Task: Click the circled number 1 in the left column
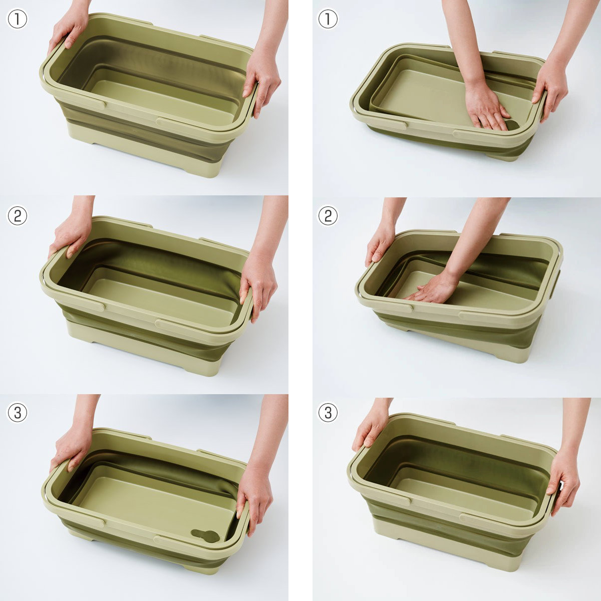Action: (x=17, y=20)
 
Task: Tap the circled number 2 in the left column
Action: (x=17, y=216)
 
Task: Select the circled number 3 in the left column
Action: (x=17, y=413)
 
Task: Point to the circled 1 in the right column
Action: (x=328, y=20)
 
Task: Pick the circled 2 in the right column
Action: (x=328, y=216)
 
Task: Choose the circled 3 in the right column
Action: (x=328, y=413)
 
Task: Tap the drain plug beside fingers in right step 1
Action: (x=512, y=124)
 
